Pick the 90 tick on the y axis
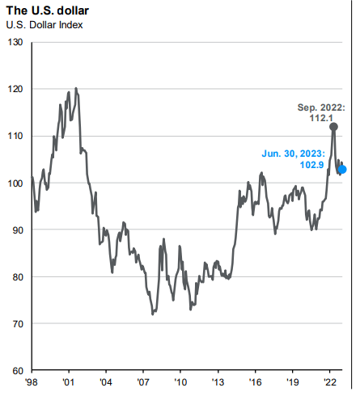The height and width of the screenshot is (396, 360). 17,230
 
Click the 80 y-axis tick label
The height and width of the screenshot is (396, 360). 17,276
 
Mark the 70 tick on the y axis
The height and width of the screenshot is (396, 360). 17,323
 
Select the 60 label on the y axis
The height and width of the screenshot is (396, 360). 17,370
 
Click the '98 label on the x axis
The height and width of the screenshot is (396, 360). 32,383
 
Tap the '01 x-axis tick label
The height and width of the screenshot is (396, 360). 69,383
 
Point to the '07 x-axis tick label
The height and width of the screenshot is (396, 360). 143,383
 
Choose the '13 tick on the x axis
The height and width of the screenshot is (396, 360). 218,383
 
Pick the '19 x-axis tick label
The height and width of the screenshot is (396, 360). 293,383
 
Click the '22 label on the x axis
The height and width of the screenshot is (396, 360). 330,383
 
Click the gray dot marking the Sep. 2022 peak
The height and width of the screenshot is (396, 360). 334,127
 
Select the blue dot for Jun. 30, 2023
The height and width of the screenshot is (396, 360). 342,169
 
